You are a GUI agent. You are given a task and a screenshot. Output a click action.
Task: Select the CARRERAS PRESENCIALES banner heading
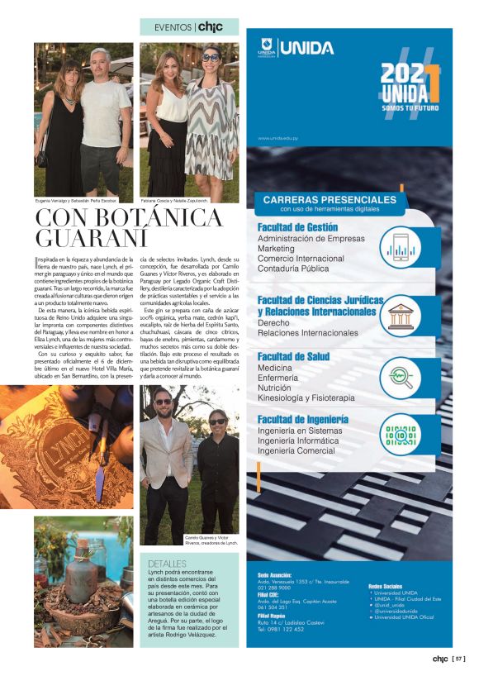tap(330, 199)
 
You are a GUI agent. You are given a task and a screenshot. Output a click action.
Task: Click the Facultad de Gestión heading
tap(297, 226)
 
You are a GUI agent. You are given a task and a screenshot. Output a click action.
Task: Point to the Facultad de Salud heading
tap(293, 356)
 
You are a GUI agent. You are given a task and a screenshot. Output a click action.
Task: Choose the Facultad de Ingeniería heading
tap(302, 419)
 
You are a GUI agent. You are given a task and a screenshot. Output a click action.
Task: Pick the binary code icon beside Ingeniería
tap(401, 435)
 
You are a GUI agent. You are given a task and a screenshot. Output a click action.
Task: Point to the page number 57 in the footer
tap(460, 659)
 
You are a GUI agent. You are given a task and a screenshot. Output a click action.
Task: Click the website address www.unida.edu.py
tap(278, 138)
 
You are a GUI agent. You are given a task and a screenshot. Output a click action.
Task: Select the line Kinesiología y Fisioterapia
tap(306, 398)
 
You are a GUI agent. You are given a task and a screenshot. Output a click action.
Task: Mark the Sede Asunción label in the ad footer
tap(275, 573)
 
